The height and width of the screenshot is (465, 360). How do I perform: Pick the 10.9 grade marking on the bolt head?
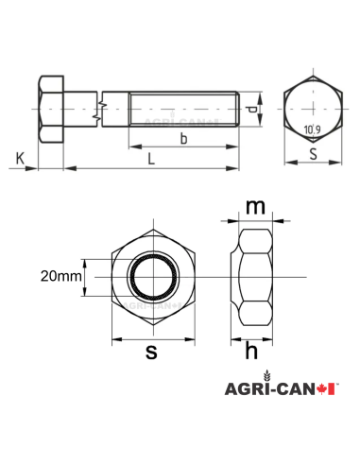click(x=312, y=129)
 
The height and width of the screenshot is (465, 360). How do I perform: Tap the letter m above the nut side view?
click(x=253, y=205)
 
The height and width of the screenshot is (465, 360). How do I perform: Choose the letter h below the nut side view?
click(x=252, y=352)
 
